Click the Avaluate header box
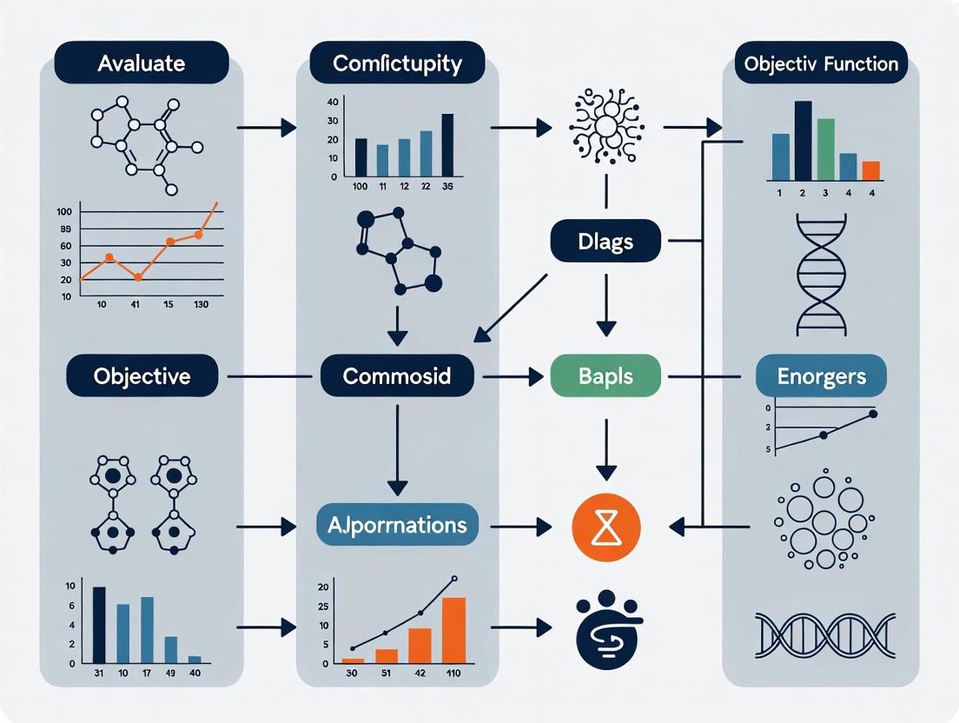141,63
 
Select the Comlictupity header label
397,63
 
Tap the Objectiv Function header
821,63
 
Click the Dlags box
605,241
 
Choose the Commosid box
397,376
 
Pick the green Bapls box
605,376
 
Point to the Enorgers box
821,376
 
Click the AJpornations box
397,524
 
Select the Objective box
142,376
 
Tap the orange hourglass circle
606,527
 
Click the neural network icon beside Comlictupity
605,128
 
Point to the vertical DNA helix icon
821,274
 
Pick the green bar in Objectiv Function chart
825,149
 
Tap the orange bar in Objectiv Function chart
870,170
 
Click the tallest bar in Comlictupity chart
447,144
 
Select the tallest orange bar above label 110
453,630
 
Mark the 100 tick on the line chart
64,211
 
